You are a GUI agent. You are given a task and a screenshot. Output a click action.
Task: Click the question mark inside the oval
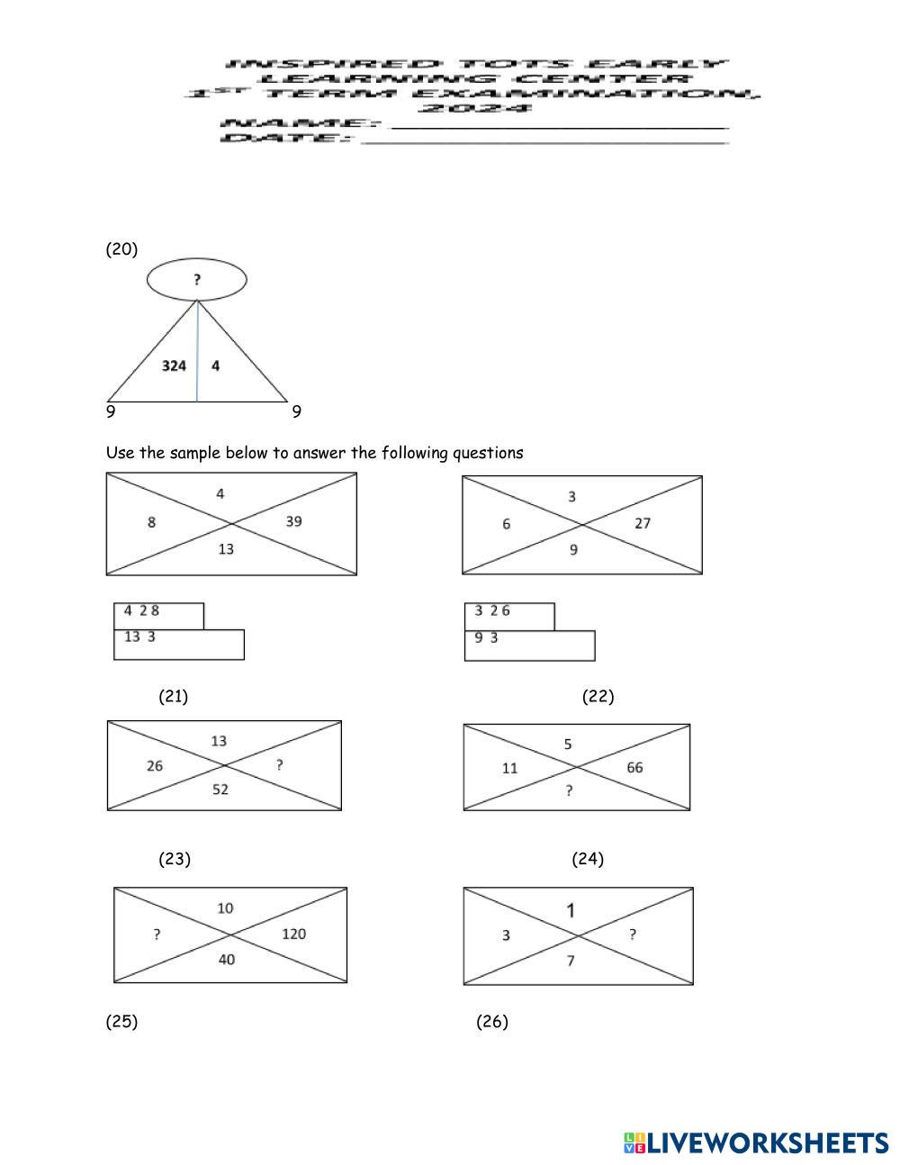pyautogui.click(x=197, y=280)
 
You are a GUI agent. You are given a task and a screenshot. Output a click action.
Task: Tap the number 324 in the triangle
pyautogui.click(x=174, y=366)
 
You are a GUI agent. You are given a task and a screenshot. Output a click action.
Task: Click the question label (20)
pyautogui.click(x=121, y=249)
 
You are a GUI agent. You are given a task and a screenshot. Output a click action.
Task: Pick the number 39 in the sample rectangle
pyautogui.click(x=293, y=521)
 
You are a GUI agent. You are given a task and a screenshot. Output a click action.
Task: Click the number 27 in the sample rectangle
pyautogui.click(x=642, y=523)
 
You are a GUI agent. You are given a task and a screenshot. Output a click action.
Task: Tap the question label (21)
pyautogui.click(x=173, y=696)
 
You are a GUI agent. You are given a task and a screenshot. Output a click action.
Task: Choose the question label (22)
pyautogui.click(x=598, y=696)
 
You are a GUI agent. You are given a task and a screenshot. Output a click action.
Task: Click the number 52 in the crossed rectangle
pyautogui.click(x=220, y=790)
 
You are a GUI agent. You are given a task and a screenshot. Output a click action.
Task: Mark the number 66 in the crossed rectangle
pyautogui.click(x=634, y=768)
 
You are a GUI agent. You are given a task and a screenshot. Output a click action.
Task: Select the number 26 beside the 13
pyautogui.click(x=155, y=766)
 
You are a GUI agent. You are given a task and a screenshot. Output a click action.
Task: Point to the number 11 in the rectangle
pyautogui.click(x=510, y=768)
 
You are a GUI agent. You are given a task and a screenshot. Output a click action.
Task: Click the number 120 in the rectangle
pyautogui.click(x=293, y=934)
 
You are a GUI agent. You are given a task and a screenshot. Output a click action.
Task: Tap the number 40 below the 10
pyautogui.click(x=226, y=960)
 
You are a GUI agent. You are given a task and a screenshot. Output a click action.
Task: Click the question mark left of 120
pyautogui.click(x=157, y=935)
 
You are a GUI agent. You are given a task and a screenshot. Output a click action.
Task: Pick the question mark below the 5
pyautogui.click(x=568, y=791)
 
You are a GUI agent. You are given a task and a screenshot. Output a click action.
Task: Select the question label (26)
pyautogui.click(x=491, y=1021)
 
